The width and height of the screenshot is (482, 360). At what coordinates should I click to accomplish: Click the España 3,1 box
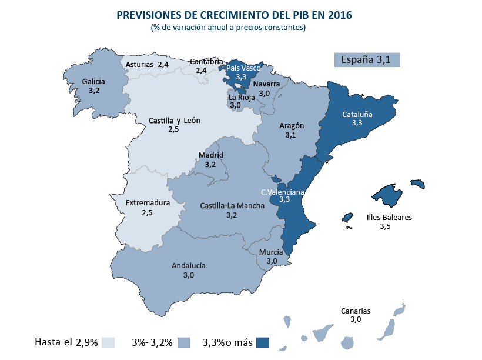(367, 59)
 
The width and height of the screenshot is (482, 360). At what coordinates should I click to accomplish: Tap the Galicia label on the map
(94, 82)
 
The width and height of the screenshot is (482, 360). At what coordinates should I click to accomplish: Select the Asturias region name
(139, 64)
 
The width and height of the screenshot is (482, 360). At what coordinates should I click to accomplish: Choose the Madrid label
(211, 155)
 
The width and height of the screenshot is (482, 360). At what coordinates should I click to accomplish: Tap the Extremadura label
(148, 203)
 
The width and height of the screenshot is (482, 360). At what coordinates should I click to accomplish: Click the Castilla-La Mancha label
(231, 206)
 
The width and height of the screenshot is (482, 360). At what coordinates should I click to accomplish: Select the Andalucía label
(189, 265)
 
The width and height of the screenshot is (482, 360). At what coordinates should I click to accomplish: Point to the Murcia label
(272, 252)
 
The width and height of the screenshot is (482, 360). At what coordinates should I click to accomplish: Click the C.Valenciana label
(283, 192)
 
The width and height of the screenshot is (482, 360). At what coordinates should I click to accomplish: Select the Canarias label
(356, 311)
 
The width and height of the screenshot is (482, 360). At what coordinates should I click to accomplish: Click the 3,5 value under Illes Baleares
(385, 226)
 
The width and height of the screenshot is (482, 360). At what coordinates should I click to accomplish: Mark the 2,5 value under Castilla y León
(173, 129)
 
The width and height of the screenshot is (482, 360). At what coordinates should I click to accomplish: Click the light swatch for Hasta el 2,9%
(108, 342)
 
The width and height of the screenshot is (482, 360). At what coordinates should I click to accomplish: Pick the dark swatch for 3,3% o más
(263, 342)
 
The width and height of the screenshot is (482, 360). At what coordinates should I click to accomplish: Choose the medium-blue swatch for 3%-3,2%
(185, 342)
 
